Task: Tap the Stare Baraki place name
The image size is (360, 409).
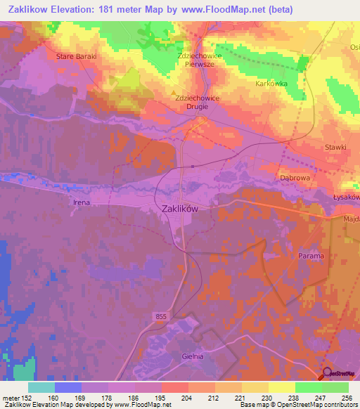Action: [x=75, y=54]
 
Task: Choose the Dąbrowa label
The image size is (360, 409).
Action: [x=295, y=178]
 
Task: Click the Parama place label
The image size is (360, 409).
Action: [x=311, y=256]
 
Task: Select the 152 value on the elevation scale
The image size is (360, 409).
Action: [x=27, y=397]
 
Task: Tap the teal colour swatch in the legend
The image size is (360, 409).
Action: [x=41, y=387]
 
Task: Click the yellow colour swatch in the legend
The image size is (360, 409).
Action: [x=281, y=387]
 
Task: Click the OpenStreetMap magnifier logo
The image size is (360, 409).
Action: [x=328, y=373]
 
